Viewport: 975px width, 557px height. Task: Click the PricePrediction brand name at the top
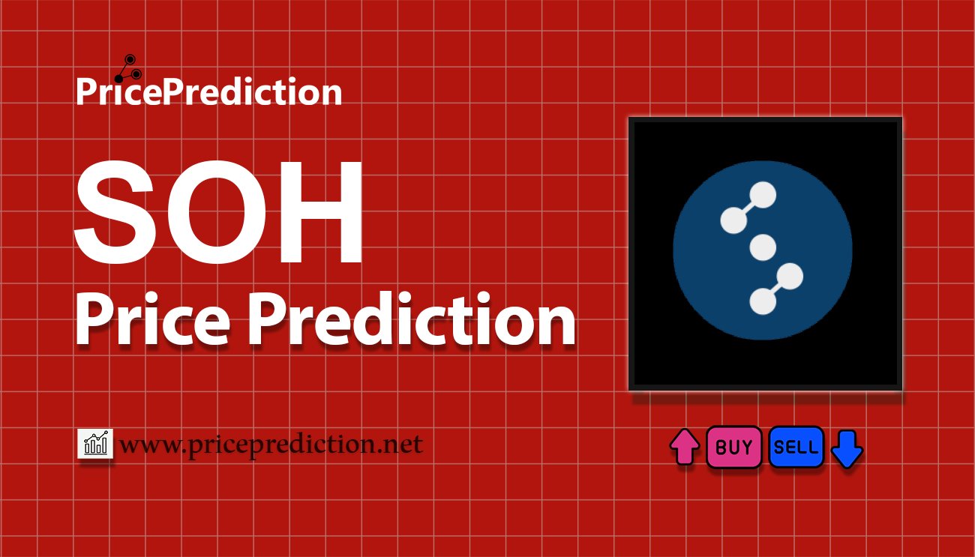point(209,92)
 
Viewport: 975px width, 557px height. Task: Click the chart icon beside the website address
point(95,445)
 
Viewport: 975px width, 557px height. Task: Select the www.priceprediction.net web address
point(271,445)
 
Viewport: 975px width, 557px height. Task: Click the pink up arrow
point(684,448)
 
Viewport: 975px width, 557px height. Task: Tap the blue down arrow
point(847,449)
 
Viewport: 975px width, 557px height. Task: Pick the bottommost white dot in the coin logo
point(762,302)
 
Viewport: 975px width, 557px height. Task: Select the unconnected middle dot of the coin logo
point(763,247)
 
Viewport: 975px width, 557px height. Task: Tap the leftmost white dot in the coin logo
point(733,220)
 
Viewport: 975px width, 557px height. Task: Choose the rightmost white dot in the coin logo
point(790,277)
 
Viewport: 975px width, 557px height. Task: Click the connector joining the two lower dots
point(776,289)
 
